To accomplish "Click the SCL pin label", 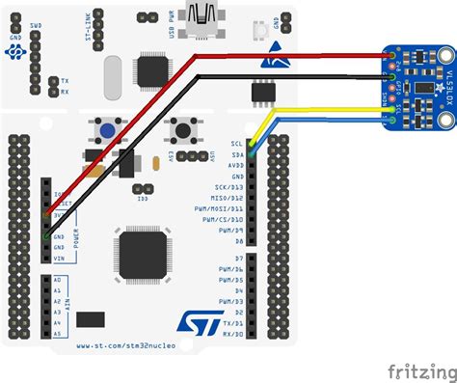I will (x=236, y=144).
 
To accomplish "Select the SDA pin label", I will (x=236, y=154).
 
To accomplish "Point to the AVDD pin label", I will (x=234, y=165).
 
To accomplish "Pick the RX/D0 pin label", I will (x=229, y=334).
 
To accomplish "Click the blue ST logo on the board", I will (x=193, y=319).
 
